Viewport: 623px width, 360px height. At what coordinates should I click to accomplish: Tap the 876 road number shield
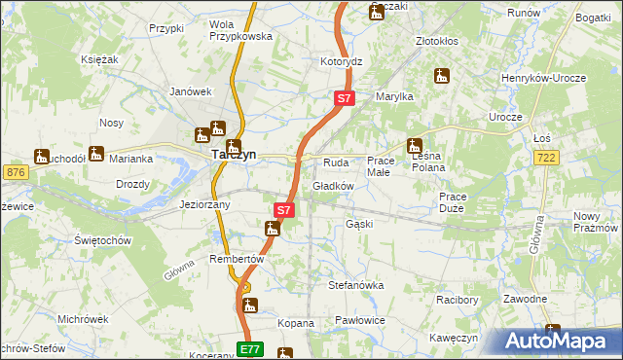[x=16, y=172]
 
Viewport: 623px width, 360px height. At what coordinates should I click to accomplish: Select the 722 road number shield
[x=573, y=158]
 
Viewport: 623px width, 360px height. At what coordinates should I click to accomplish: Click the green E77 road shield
[x=250, y=347]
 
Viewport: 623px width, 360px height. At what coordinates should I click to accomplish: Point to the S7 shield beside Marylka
[x=345, y=98]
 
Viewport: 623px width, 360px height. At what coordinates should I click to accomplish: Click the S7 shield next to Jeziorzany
[x=283, y=209]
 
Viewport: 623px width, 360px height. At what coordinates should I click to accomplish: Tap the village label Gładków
[x=332, y=186]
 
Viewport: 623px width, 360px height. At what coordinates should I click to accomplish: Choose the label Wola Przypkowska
[x=239, y=29]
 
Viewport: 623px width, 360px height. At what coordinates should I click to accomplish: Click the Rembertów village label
[x=238, y=259]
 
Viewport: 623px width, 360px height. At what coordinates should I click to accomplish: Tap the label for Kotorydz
[x=342, y=60]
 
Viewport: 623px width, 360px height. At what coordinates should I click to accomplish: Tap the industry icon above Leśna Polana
[x=416, y=145]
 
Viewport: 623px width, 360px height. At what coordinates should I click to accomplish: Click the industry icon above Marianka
[x=96, y=153]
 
